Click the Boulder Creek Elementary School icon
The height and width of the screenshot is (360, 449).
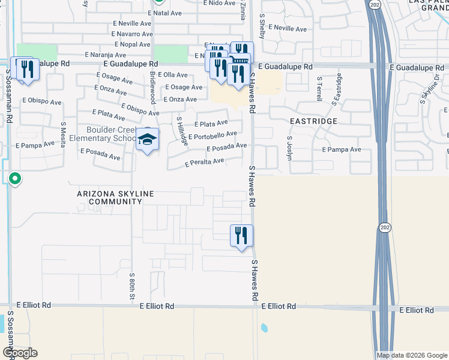pos(147,140)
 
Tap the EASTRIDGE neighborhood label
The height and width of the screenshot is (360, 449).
pos(313,121)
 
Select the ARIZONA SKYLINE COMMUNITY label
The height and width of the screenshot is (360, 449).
pos(115,198)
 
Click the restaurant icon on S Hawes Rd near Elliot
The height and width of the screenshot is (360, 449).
pos(241,235)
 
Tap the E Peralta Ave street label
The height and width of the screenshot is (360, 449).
pos(204,162)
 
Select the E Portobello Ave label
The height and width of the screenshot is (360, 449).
pos(212,136)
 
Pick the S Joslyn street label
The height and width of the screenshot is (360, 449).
pos(289,148)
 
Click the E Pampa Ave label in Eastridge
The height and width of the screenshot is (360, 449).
pos(342,149)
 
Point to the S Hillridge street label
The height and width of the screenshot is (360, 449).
pos(180,128)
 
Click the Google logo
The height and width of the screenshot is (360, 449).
pos(20,353)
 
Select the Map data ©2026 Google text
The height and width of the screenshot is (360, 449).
pos(411,355)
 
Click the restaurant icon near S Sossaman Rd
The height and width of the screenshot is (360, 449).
pos(26,68)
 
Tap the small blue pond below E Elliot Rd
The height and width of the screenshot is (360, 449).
pos(264,328)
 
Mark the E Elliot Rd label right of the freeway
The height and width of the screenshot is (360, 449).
pos(417,310)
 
